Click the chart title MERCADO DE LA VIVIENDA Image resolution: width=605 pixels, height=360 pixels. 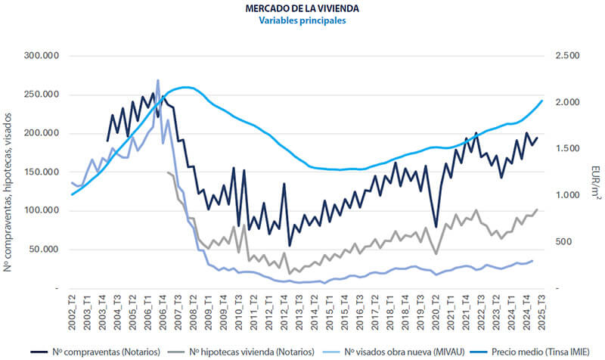click(x=302, y=8)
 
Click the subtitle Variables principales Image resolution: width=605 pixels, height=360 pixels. click(x=302, y=21)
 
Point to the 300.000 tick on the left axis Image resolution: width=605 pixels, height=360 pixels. click(x=44, y=56)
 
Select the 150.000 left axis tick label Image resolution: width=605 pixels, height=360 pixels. click(x=44, y=172)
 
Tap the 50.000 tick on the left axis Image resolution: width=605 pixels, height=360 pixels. click(x=46, y=249)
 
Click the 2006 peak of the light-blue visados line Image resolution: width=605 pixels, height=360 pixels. click(x=158, y=80)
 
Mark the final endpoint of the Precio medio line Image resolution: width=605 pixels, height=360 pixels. click(x=542, y=100)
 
